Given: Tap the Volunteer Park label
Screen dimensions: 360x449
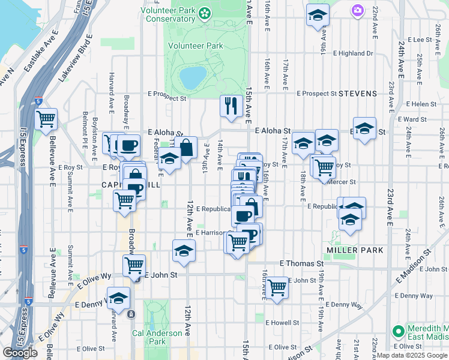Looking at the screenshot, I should (x=195, y=46).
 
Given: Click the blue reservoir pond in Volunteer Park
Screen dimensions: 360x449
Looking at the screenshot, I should (x=193, y=77).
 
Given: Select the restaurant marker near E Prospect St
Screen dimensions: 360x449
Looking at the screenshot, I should (x=231, y=106).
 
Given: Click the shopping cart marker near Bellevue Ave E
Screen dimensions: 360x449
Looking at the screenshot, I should (x=46, y=119).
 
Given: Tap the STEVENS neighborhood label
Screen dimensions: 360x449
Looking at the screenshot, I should (x=358, y=94).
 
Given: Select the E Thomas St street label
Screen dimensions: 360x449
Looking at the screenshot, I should (x=302, y=263).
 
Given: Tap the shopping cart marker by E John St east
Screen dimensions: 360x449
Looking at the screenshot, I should (x=277, y=287).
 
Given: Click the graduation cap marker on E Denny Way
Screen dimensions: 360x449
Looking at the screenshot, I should (x=119, y=298).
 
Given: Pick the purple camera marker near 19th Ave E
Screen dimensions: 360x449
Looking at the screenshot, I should (x=358, y=10).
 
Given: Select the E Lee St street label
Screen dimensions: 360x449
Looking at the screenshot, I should (x=420, y=40).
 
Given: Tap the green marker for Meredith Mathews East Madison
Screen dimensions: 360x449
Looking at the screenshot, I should (x=397, y=331).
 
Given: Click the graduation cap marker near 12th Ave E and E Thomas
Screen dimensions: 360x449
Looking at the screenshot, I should (x=184, y=251).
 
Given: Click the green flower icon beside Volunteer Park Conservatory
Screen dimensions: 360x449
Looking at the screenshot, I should (x=205, y=12).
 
